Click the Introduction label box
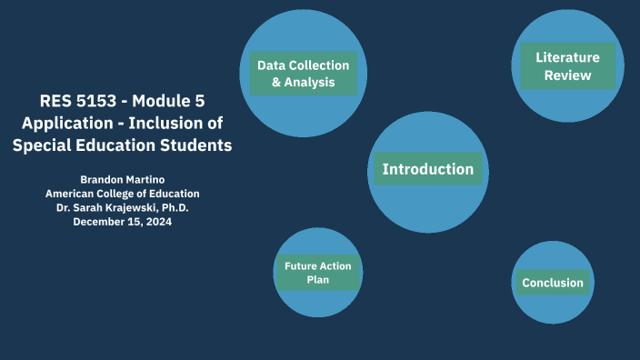(x=428, y=169)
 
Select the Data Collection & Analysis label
(x=303, y=74)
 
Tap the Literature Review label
(x=567, y=66)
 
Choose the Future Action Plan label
(x=318, y=273)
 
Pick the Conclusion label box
(x=553, y=283)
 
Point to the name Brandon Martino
(x=123, y=179)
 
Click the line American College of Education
(x=123, y=194)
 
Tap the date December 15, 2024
(x=123, y=222)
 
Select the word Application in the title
(x=61, y=123)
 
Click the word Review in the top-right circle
(x=567, y=75)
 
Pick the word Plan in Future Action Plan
(x=318, y=280)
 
